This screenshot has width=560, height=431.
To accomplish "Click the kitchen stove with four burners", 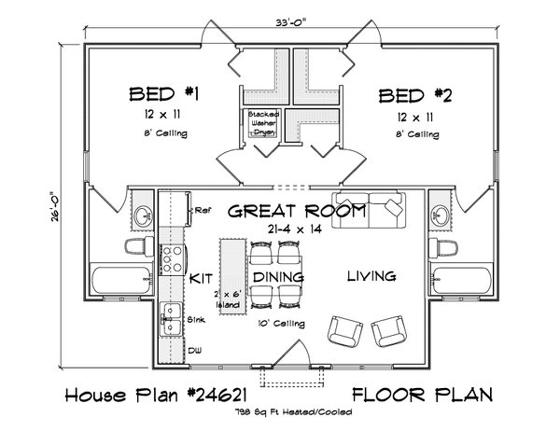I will click(x=173, y=257).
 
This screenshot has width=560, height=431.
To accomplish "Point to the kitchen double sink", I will click(x=172, y=321).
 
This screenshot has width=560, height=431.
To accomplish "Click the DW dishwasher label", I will click(x=195, y=351).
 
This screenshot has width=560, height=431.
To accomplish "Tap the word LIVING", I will click(x=371, y=276).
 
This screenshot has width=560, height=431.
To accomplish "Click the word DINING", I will click(x=276, y=278).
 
